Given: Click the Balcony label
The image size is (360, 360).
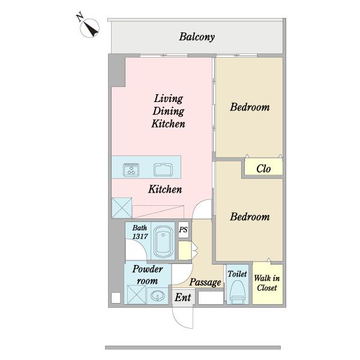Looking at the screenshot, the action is point(197,37).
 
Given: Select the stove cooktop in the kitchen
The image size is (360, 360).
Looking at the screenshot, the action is point(131,170).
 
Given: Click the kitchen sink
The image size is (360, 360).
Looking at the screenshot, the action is point(163,170).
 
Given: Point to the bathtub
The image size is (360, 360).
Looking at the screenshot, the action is point(163,242).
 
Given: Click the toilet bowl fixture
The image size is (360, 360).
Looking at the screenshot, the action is point(238,290).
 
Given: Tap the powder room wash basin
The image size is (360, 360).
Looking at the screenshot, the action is point(157,295).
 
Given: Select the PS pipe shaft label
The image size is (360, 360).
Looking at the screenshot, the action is point(183,230).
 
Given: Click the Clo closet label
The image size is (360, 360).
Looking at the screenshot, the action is point(263,169).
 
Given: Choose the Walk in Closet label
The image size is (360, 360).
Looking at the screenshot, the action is point(267,283).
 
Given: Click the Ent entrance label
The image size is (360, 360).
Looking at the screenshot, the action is point(183,298).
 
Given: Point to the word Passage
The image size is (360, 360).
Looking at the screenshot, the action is point(205,283).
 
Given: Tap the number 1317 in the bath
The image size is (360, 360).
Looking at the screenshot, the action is point(140,236).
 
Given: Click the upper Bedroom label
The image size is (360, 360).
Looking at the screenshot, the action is point(250,107).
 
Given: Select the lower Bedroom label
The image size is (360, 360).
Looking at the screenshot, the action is point(250,217).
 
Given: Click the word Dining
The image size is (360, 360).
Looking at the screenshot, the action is point(168,112).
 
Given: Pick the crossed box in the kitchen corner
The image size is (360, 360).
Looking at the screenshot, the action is point(122,208).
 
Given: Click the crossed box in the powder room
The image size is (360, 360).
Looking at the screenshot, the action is point(136,295).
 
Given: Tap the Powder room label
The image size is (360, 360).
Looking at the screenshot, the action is point(147,275).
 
